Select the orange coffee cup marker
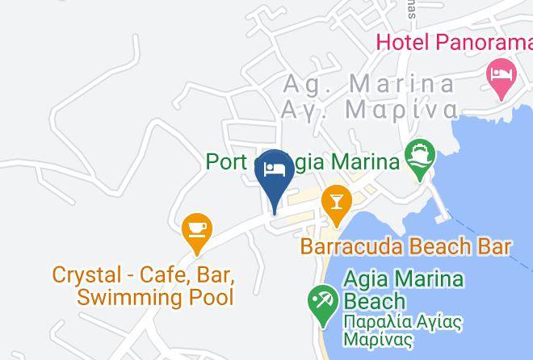click(x=196, y=230)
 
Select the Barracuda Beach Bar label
click(x=405, y=246)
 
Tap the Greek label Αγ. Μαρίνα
click(x=369, y=110)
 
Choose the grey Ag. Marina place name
click(x=369, y=84)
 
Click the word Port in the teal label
click(x=225, y=161)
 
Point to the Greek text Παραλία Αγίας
click(x=402, y=322)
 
